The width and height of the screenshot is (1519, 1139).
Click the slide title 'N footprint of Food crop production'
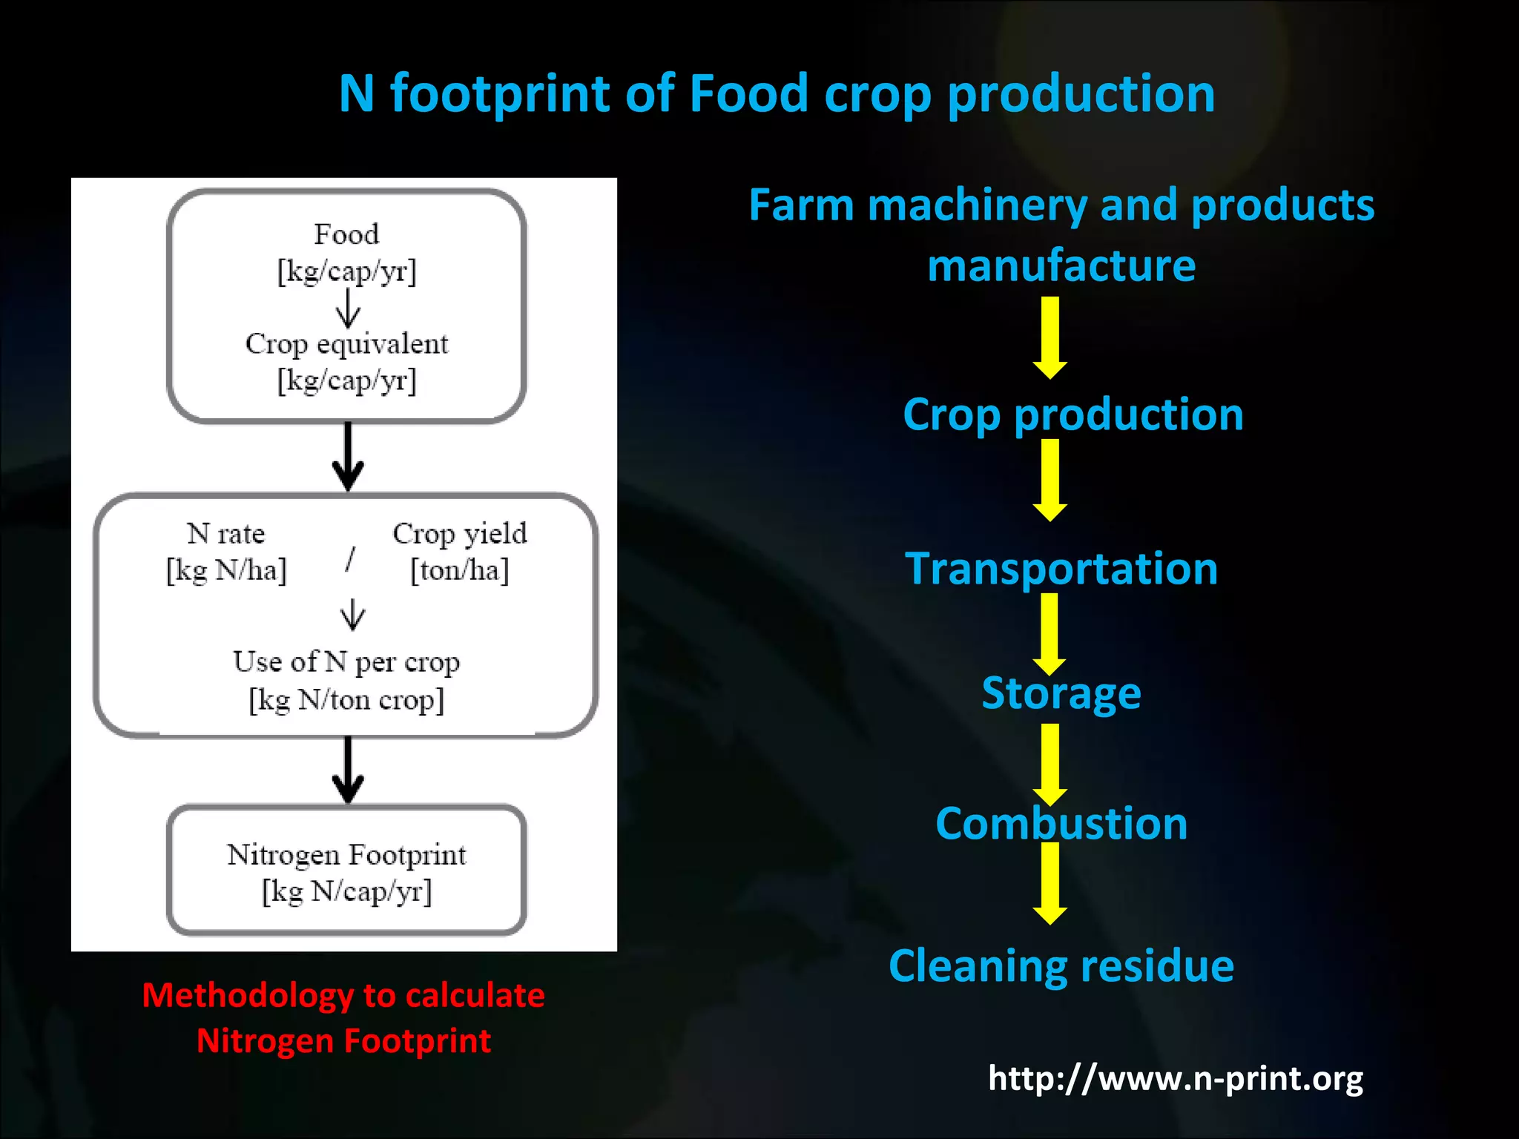[x=777, y=93]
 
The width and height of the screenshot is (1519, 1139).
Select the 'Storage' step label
[x=1061, y=693]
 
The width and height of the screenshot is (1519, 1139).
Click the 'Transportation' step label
[x=1061, y=569]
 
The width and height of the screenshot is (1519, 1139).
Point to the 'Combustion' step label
[x=1061, y=824]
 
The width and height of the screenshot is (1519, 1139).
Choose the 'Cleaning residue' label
[x=1061, y=965]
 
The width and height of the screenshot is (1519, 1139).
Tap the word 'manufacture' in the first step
[x=1061, y=265]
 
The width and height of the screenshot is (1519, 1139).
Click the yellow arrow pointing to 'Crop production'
[x=1050, y=337]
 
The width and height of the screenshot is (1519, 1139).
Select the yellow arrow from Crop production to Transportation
[x=1050, y=480]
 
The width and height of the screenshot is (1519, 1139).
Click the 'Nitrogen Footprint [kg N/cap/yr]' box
[x=347, y=871]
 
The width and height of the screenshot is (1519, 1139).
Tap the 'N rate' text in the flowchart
[x=226, y=533]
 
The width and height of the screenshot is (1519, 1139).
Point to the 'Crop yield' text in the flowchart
[x=460, y=533]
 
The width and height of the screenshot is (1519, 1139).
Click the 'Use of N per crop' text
[x=346, y=661]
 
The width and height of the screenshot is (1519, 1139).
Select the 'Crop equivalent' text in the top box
[x=346, y=344]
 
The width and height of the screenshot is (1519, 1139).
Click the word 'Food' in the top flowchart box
[x=346, y=234]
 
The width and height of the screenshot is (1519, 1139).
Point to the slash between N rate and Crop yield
[x=350, y=559]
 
